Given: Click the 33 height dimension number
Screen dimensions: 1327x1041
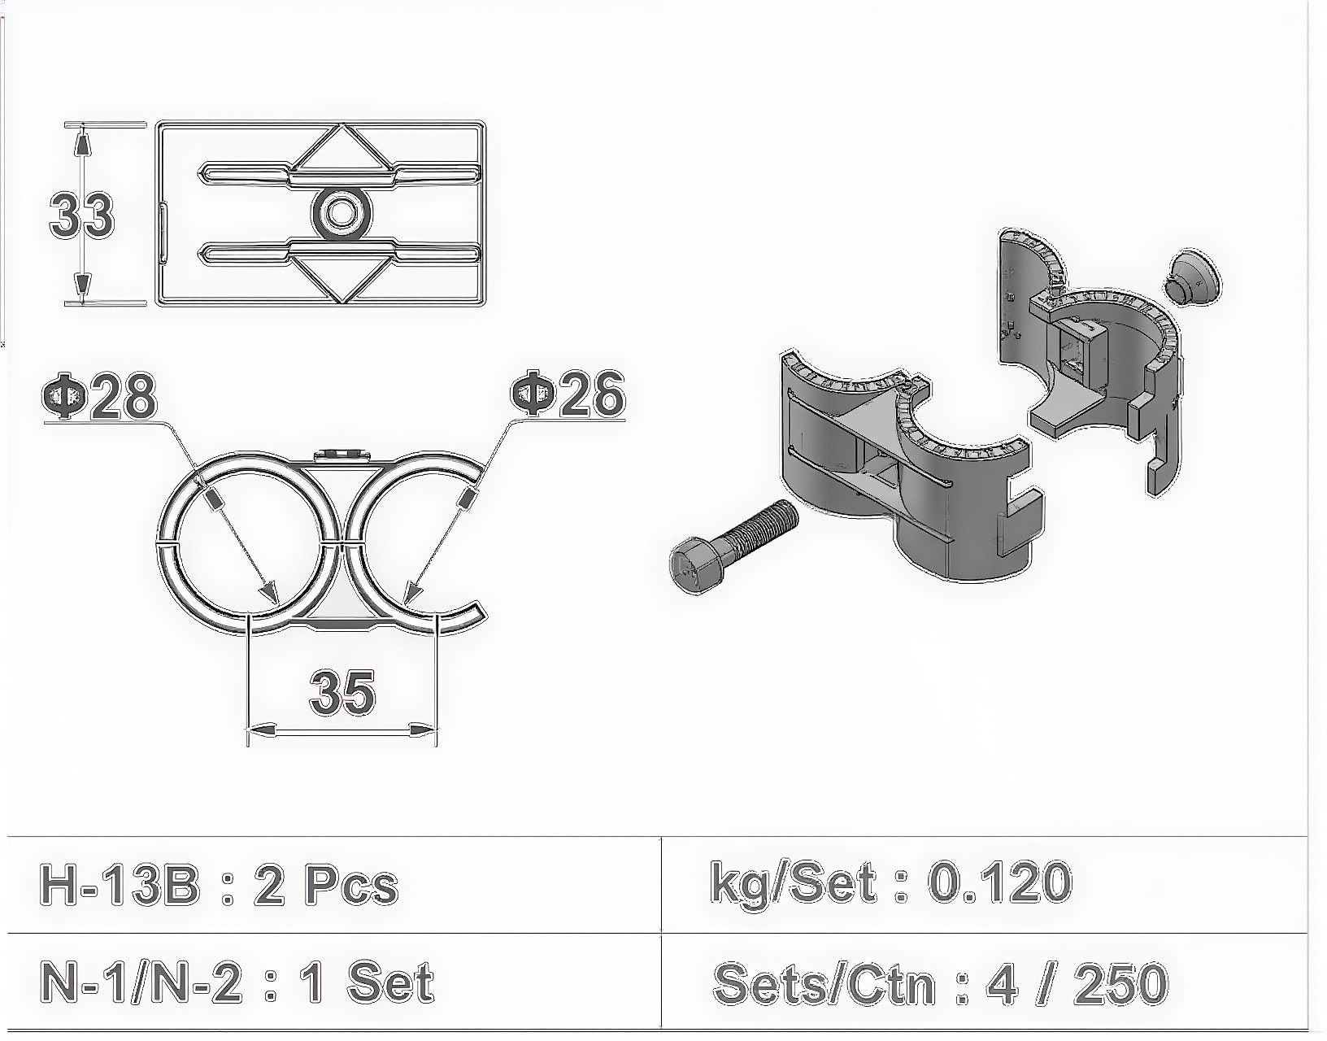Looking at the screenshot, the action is [x=82, y=215].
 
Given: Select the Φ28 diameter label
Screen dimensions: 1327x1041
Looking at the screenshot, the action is [x=99, y=397].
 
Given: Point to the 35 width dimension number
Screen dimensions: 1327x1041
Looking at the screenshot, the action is [x=342, y=693].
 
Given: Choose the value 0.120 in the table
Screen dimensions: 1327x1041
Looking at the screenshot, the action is [x=1000, y=883].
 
